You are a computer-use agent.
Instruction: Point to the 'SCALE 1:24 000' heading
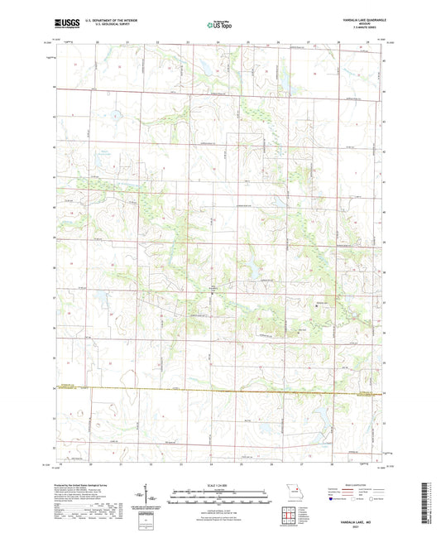(219, 485)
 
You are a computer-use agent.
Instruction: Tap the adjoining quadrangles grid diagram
(289, 515)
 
